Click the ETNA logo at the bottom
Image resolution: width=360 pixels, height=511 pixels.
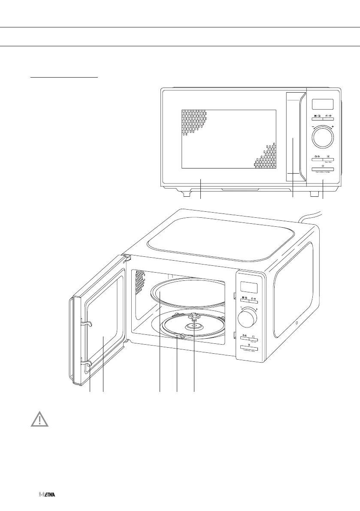(x=47, y=494)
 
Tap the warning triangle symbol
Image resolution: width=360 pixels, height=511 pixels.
(x=39, y=419)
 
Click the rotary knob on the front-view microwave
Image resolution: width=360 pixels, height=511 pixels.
(x=322, y=137)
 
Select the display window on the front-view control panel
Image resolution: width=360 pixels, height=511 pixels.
(x=322, y=104)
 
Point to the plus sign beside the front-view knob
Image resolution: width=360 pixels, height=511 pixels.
(x=333, y=127)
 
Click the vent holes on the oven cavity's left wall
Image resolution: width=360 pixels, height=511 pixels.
(x=138, y=283)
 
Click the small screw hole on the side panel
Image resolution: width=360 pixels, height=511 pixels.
(x=296, y=323)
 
